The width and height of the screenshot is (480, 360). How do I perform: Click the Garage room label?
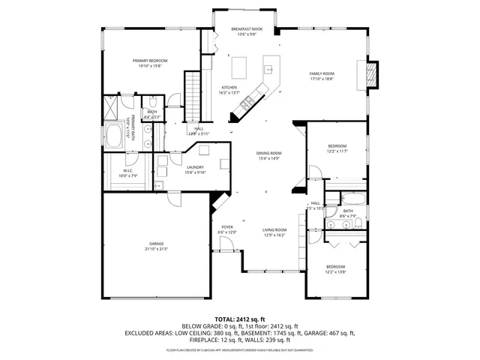[156, 244]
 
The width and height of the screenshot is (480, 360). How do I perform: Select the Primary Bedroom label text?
[150, 61]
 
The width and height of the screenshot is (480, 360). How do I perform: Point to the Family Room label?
[322, 73]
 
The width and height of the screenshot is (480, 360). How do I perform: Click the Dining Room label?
[268, 154]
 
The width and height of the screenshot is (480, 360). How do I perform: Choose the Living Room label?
[274, 230]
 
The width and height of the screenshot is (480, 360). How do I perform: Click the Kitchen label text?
[229, 88]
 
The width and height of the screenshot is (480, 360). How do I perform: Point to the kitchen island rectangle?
[241, 67]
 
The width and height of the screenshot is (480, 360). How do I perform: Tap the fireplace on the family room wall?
[370, 73]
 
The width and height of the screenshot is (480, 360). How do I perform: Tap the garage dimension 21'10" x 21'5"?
[156, 249]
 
